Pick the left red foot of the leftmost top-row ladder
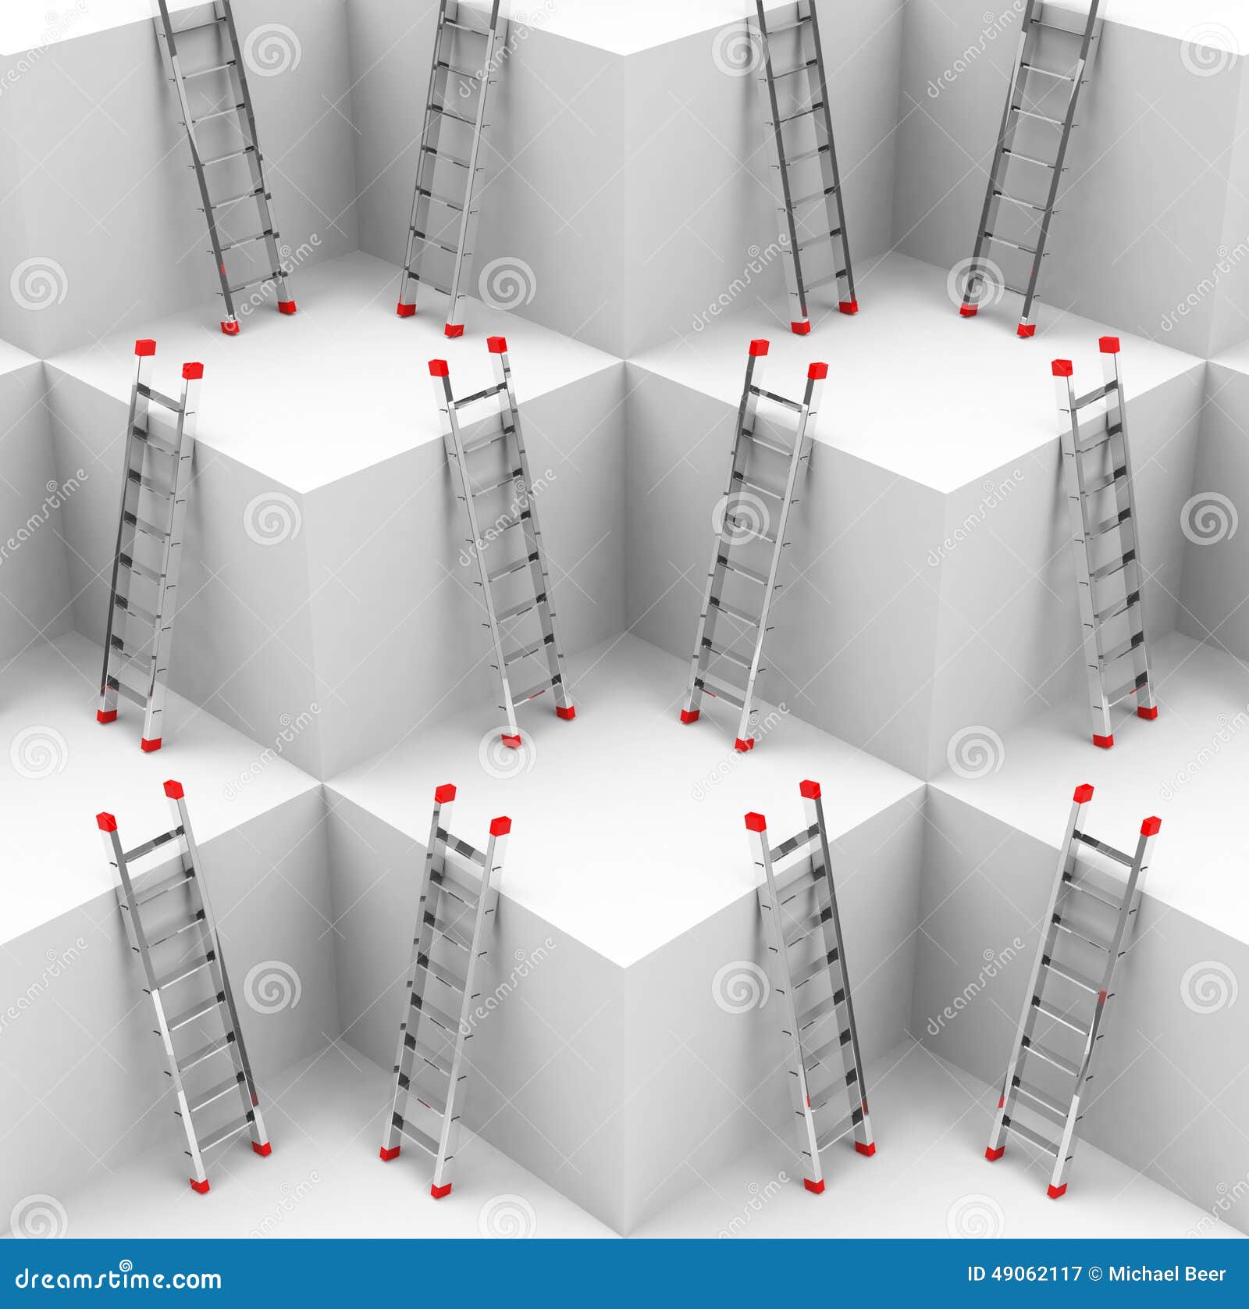229,326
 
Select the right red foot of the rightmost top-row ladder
1026,330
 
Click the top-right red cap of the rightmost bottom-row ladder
1151,825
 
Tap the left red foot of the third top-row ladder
800,327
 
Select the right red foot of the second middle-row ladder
566,712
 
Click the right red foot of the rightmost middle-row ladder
1147,712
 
